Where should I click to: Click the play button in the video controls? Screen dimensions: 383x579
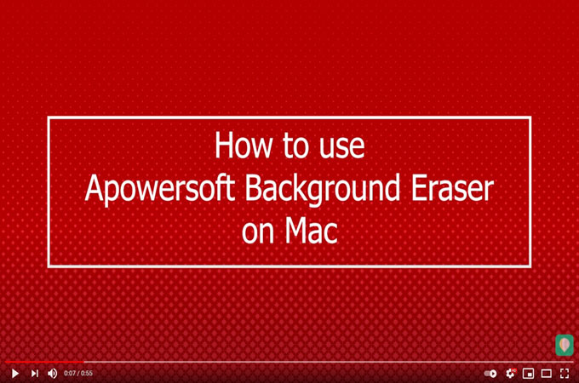tap(14, 373)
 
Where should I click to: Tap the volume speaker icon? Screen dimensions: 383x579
tap(52, 373)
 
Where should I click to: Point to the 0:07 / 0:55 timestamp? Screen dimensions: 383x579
tap(78, 373)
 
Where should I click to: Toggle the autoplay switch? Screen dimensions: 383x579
tap(490, 373)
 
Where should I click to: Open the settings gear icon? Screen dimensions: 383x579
tap(510, 373)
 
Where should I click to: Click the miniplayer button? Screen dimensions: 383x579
tap(528, 373)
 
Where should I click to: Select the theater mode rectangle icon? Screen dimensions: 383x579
tap(547, 373)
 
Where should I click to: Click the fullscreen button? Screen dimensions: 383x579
tap(565, 373)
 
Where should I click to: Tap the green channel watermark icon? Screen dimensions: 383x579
tap(564, 345)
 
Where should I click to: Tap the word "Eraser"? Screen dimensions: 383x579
tap(457, 189)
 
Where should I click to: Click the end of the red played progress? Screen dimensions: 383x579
tap(83, 363)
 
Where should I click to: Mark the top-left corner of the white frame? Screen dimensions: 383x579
tap(49, 117)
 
